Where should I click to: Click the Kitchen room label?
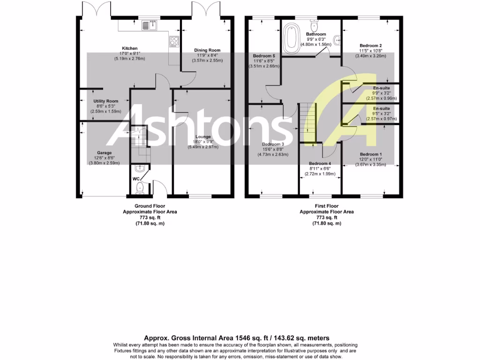pos(130,48)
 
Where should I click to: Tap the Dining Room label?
pos(207,50)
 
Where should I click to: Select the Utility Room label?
pos(105,101)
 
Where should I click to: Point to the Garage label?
pos(104,153)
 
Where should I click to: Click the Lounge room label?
pos(203,137)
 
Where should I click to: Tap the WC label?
pos(136,179)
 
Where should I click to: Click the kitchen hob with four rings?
pos(174,42)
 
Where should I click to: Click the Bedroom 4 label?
pos(320,164)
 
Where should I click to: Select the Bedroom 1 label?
pos(371,154)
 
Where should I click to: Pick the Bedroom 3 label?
pos(273,144)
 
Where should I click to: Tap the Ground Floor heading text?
pos(150,206)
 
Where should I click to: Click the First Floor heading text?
pos(327,206)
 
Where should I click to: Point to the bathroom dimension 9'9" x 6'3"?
pos(316,39)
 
